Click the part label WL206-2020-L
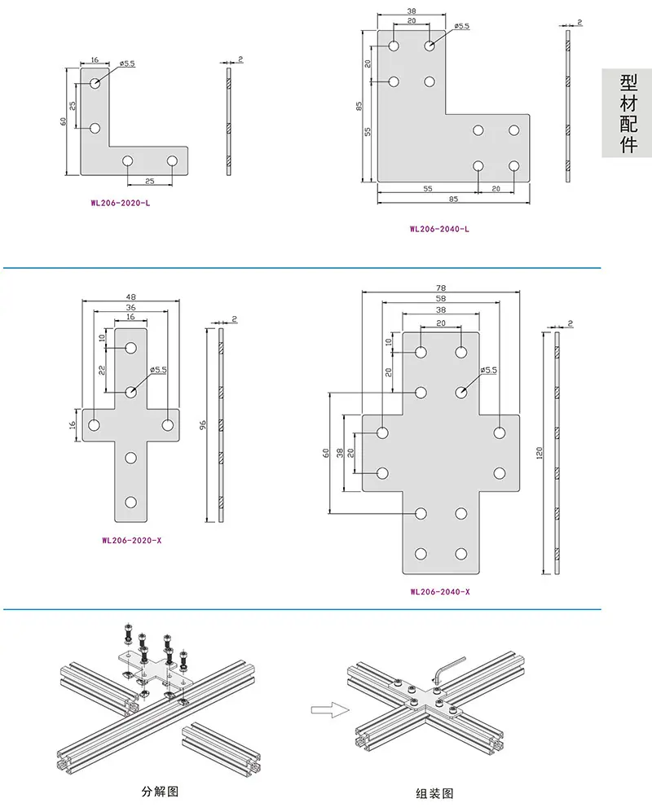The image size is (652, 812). (121, 203)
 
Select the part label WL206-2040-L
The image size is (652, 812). (439, 229)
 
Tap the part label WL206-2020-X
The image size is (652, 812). (132, 540)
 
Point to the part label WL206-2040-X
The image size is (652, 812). (440, 591)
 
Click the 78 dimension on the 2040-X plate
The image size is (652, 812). (441, 288)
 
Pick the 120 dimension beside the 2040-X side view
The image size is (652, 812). (540, 454)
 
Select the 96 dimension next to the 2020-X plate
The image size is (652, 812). (203, 424)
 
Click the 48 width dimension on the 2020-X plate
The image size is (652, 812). (130, 297)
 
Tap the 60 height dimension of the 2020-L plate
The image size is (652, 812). (64, 121)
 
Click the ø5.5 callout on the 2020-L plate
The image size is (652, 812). (127, 64)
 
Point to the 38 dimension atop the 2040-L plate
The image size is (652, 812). (412, 11)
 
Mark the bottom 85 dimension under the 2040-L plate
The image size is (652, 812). (453, 200)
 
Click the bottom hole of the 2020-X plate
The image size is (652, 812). (130, 502)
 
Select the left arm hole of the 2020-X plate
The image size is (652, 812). (94, 425)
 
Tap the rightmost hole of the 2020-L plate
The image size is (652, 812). (173, 161)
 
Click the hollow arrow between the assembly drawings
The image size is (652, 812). (330, 709)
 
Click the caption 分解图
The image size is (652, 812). (161, 792)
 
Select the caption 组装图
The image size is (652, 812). (434, 793)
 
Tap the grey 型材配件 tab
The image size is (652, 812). (627, 113)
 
